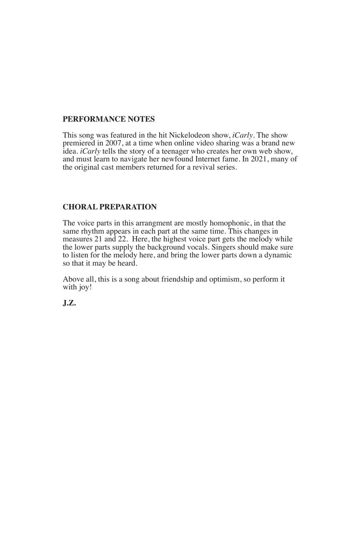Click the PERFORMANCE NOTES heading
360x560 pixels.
pos(108,119)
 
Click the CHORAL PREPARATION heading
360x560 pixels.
pos(110,207)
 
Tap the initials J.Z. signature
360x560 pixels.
pos(69,303)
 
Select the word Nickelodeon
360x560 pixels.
pos(189,135)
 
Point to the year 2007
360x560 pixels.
pos(113,143)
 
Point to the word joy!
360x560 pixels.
pos(85,287)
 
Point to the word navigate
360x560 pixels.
pos(133,159)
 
